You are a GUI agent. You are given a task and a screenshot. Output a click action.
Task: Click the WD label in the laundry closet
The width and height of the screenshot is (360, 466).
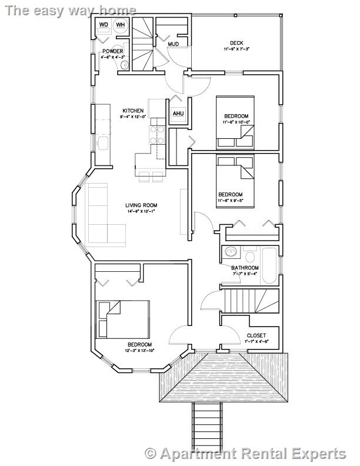pyautogui.click(x=104, y=25)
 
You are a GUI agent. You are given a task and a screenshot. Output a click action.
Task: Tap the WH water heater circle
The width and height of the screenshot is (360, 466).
pyautogui.click(x=120, y=25)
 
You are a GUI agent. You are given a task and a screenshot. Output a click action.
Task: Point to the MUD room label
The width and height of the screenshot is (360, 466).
pyautogui.click(x=173, y=44)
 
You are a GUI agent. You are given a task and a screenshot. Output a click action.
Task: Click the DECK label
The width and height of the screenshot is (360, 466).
pyautogui.click(x=236, y=42)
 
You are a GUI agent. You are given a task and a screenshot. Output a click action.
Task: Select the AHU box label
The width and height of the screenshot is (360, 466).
pyautogui.click(x=178, y=114)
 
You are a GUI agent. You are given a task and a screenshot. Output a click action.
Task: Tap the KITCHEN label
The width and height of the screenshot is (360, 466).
pyautogui.click(x=132, y=111)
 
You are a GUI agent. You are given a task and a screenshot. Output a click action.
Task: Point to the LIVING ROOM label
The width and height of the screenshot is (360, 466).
pyautogui.click(x=141, y=205)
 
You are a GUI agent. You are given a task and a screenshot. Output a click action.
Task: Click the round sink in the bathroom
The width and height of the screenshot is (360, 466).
pyautogui.click(x=229, y=253)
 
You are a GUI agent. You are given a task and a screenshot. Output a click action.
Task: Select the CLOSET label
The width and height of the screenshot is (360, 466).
pyautogui.click(x=256, y=335)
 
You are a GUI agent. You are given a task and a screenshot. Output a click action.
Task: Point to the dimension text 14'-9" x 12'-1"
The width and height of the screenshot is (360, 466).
pyautogui.click(x=141, y=212)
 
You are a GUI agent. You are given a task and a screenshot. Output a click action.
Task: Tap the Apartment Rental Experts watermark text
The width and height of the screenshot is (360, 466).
pyautogui.click(x=246, y=454)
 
